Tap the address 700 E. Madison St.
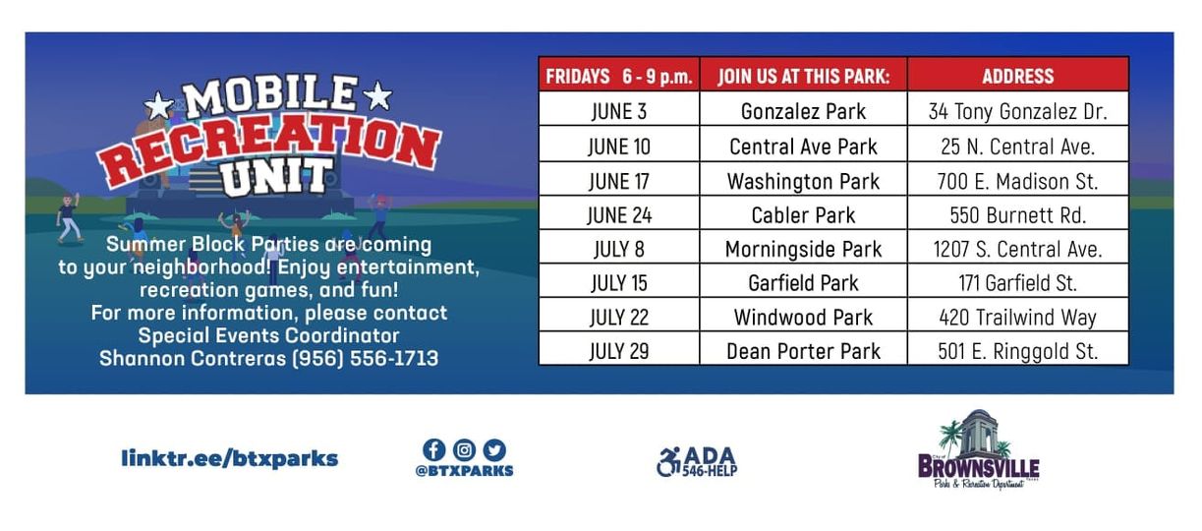pyautogui.click(x=1017, y=182)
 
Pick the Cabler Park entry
pyautogui.click(x=803, y=215)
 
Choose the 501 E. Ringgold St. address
pyautogui.click(x=1017, y=351)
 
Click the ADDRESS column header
pyautogui.click(x=1018, y=76)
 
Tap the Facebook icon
pyautogui.click(x=433, y=450)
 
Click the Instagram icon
pyautogui.click(x=464, y=450)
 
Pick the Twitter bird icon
pyautogui.click(x=494, y=450)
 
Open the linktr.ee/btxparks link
pyautogui.click(x=230, y=458)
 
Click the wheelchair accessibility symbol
pyautogui.click(x=668, y=462)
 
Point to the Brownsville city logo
pyautogui.click(x=978, y=450)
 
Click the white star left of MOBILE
pyautogui.click(x=159, y=105)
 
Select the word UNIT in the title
pyautogui.click(x=277, y=176)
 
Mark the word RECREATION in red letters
pyautogui.click(x=268, y=147)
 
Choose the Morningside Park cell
pyautogui.click(x=803, y=249)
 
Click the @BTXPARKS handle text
pyautogui.click(x=464, y=471)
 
